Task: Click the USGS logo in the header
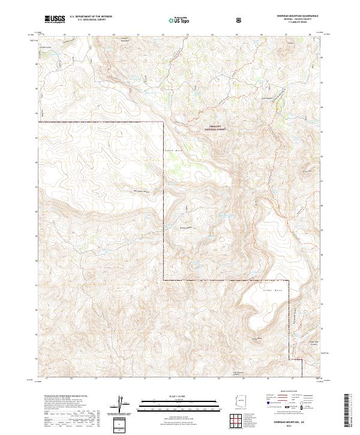(x=55, y=19)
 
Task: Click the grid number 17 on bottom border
(x=46, y=379)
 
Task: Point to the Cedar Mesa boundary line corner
(x=163, y=280)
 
